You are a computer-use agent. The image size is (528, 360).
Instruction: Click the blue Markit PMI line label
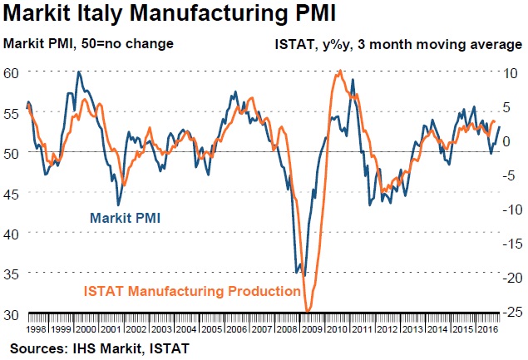125,219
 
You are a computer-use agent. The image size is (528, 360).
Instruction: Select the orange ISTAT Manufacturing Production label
192,292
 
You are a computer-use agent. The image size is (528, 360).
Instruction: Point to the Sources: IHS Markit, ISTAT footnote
100,347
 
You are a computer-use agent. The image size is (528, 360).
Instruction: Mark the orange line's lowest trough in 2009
308,311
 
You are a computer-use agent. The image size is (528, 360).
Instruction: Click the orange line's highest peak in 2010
339,72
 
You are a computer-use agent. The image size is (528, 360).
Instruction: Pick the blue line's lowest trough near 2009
304,275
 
